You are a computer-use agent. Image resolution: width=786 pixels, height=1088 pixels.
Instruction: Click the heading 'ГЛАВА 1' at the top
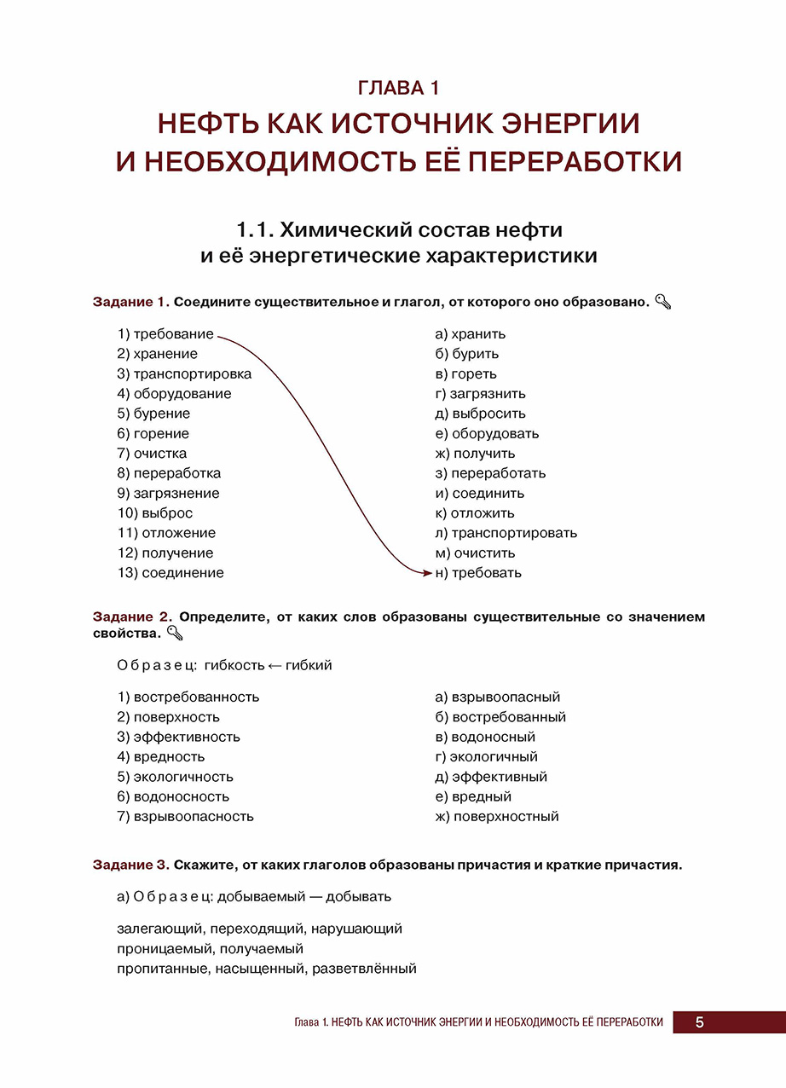398,88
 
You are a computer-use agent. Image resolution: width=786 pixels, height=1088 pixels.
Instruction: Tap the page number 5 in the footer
699,1022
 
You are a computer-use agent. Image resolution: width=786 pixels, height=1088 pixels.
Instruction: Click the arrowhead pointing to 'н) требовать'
428,574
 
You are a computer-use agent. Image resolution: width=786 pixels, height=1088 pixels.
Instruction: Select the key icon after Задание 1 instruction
664,302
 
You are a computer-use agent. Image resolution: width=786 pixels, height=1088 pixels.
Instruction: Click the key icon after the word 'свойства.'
175,633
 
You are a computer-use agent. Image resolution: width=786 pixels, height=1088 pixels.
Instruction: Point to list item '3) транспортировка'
184,373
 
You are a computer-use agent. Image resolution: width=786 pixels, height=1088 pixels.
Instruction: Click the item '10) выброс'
155,513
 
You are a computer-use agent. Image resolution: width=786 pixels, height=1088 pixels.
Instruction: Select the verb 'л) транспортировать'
506,533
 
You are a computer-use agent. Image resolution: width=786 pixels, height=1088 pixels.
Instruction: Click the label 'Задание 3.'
132,865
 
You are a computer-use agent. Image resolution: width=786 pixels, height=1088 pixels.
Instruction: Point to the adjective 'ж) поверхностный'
496,817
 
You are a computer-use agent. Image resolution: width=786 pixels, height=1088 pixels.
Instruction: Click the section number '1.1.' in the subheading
254,230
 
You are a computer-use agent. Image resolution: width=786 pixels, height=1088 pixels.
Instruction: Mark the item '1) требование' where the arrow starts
165,334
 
